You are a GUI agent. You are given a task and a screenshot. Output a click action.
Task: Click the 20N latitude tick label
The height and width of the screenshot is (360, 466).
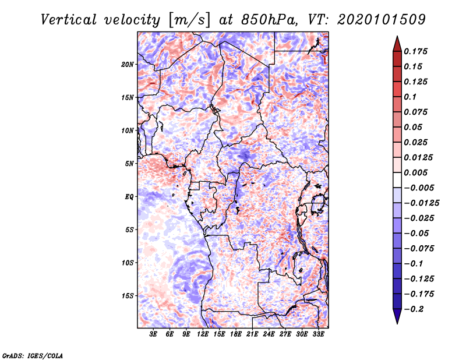click(128, 65)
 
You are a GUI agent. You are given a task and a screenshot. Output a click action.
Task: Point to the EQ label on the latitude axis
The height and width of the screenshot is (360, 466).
click(129, 197)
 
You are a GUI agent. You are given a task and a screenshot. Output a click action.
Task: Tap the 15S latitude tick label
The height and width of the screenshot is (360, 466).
click(128, 296)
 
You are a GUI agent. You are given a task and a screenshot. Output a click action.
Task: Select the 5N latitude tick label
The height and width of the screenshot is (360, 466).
click(129, 164)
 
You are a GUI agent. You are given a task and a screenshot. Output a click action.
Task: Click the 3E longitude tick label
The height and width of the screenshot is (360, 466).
click(153, 334)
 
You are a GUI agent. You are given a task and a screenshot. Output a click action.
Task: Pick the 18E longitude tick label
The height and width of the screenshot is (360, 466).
click(236, 334)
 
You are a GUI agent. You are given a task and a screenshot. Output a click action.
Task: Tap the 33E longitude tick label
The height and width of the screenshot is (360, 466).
click(318, 334)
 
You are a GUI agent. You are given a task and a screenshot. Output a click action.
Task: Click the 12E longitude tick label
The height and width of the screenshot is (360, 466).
click(203, 334)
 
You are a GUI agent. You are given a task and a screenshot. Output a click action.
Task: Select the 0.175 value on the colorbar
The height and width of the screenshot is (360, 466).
click(416, 51)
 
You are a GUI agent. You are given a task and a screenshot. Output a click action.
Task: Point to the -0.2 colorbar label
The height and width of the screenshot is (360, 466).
click(414, 309)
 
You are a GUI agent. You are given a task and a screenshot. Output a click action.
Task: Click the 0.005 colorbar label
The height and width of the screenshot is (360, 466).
click(416, 172)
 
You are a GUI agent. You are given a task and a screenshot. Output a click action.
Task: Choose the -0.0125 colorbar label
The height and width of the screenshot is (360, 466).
click(422, 203)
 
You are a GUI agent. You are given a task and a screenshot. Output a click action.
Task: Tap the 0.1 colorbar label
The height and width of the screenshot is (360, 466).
click(410, 97)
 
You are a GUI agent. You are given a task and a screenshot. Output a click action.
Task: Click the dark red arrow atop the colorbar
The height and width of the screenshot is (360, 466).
click(397, 44)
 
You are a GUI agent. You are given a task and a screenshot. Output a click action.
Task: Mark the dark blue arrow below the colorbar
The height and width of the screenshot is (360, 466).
click(397, 316)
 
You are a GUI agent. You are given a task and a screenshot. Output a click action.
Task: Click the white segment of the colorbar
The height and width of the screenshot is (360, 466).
click(397, 180)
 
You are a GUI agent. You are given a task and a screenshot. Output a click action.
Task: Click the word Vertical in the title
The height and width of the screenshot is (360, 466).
click(69, 20)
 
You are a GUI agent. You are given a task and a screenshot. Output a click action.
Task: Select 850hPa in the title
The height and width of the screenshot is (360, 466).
click(269, 20)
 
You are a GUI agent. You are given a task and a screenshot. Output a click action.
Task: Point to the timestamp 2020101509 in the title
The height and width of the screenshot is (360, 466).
click(382, 20)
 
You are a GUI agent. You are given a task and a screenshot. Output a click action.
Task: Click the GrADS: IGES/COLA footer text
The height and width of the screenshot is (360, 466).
click(33, 355)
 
